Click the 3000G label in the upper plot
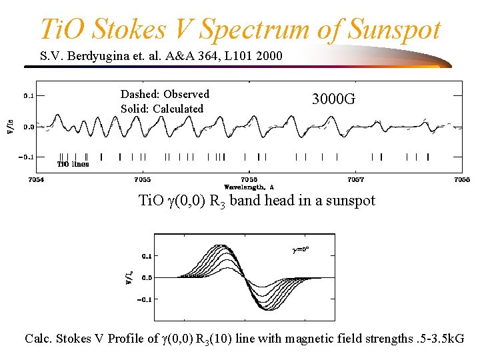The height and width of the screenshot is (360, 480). (x=333, y=100)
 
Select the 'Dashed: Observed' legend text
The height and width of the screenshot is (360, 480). (x=165, y=94)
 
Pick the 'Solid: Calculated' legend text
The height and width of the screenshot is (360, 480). (x=162, y=109)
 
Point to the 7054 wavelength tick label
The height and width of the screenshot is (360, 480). (x=36, y=180)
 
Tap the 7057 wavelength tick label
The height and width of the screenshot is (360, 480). (x=355, y=180)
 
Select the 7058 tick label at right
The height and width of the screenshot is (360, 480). (x=461, y=180)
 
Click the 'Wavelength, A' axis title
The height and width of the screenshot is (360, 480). (x=249, y=187)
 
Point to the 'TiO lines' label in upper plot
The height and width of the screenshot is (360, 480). (x=73, y=163)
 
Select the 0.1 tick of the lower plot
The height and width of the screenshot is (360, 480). (x=146, y=255)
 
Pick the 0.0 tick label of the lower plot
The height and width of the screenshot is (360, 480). (x=146, y=277)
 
